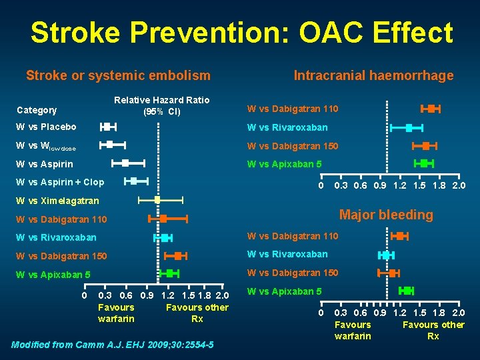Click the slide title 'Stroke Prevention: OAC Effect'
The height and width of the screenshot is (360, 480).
click(x=241, y=32)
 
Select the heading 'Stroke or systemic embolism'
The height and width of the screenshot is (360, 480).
click(x=118, y=76)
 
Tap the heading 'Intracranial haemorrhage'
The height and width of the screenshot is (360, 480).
click(x=373, y=76)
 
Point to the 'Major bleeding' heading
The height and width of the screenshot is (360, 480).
click(x=386, y=215)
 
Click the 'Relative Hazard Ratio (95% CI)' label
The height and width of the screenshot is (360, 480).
click(x=162, y=105)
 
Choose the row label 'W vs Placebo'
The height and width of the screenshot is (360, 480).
click(x=46, y=127)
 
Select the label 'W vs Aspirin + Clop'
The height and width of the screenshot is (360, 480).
click(x=60, y=182)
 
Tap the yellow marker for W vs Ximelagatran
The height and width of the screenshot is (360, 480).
click(x=157, y=199)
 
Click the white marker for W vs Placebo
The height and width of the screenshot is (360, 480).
click(x=107, y=126)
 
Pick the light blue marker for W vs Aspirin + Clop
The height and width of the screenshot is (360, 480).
click(x=133, y=181)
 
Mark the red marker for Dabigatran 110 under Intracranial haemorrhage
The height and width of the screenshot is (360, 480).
click(x=431, y=109)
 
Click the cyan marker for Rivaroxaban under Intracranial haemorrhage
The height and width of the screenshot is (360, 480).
click(x=409, y=127)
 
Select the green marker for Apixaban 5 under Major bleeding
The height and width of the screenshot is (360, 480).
click(x=406, y=290)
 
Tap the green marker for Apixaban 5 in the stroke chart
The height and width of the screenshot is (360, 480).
click(x=169, y=273)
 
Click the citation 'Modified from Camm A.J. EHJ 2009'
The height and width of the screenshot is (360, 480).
click(x=113, y=345)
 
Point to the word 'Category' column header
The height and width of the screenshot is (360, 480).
click(x=37, y=110)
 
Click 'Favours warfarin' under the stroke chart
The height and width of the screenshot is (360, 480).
click(x=116, y=313)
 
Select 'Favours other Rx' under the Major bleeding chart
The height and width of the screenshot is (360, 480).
click(x=433, y=331)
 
